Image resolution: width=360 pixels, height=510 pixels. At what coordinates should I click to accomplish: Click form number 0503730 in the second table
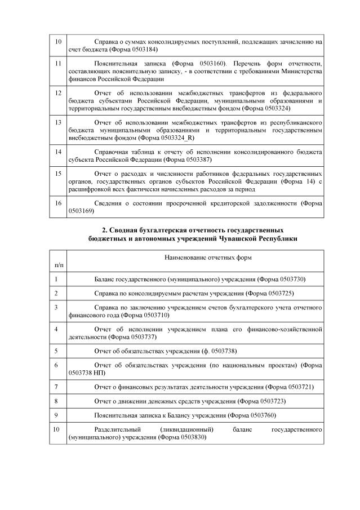(x=289, y=279)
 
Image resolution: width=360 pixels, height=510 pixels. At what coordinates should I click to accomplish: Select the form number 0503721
(x=296, y=387)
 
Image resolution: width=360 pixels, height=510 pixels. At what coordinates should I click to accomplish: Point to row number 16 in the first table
(x=57, y=202)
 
